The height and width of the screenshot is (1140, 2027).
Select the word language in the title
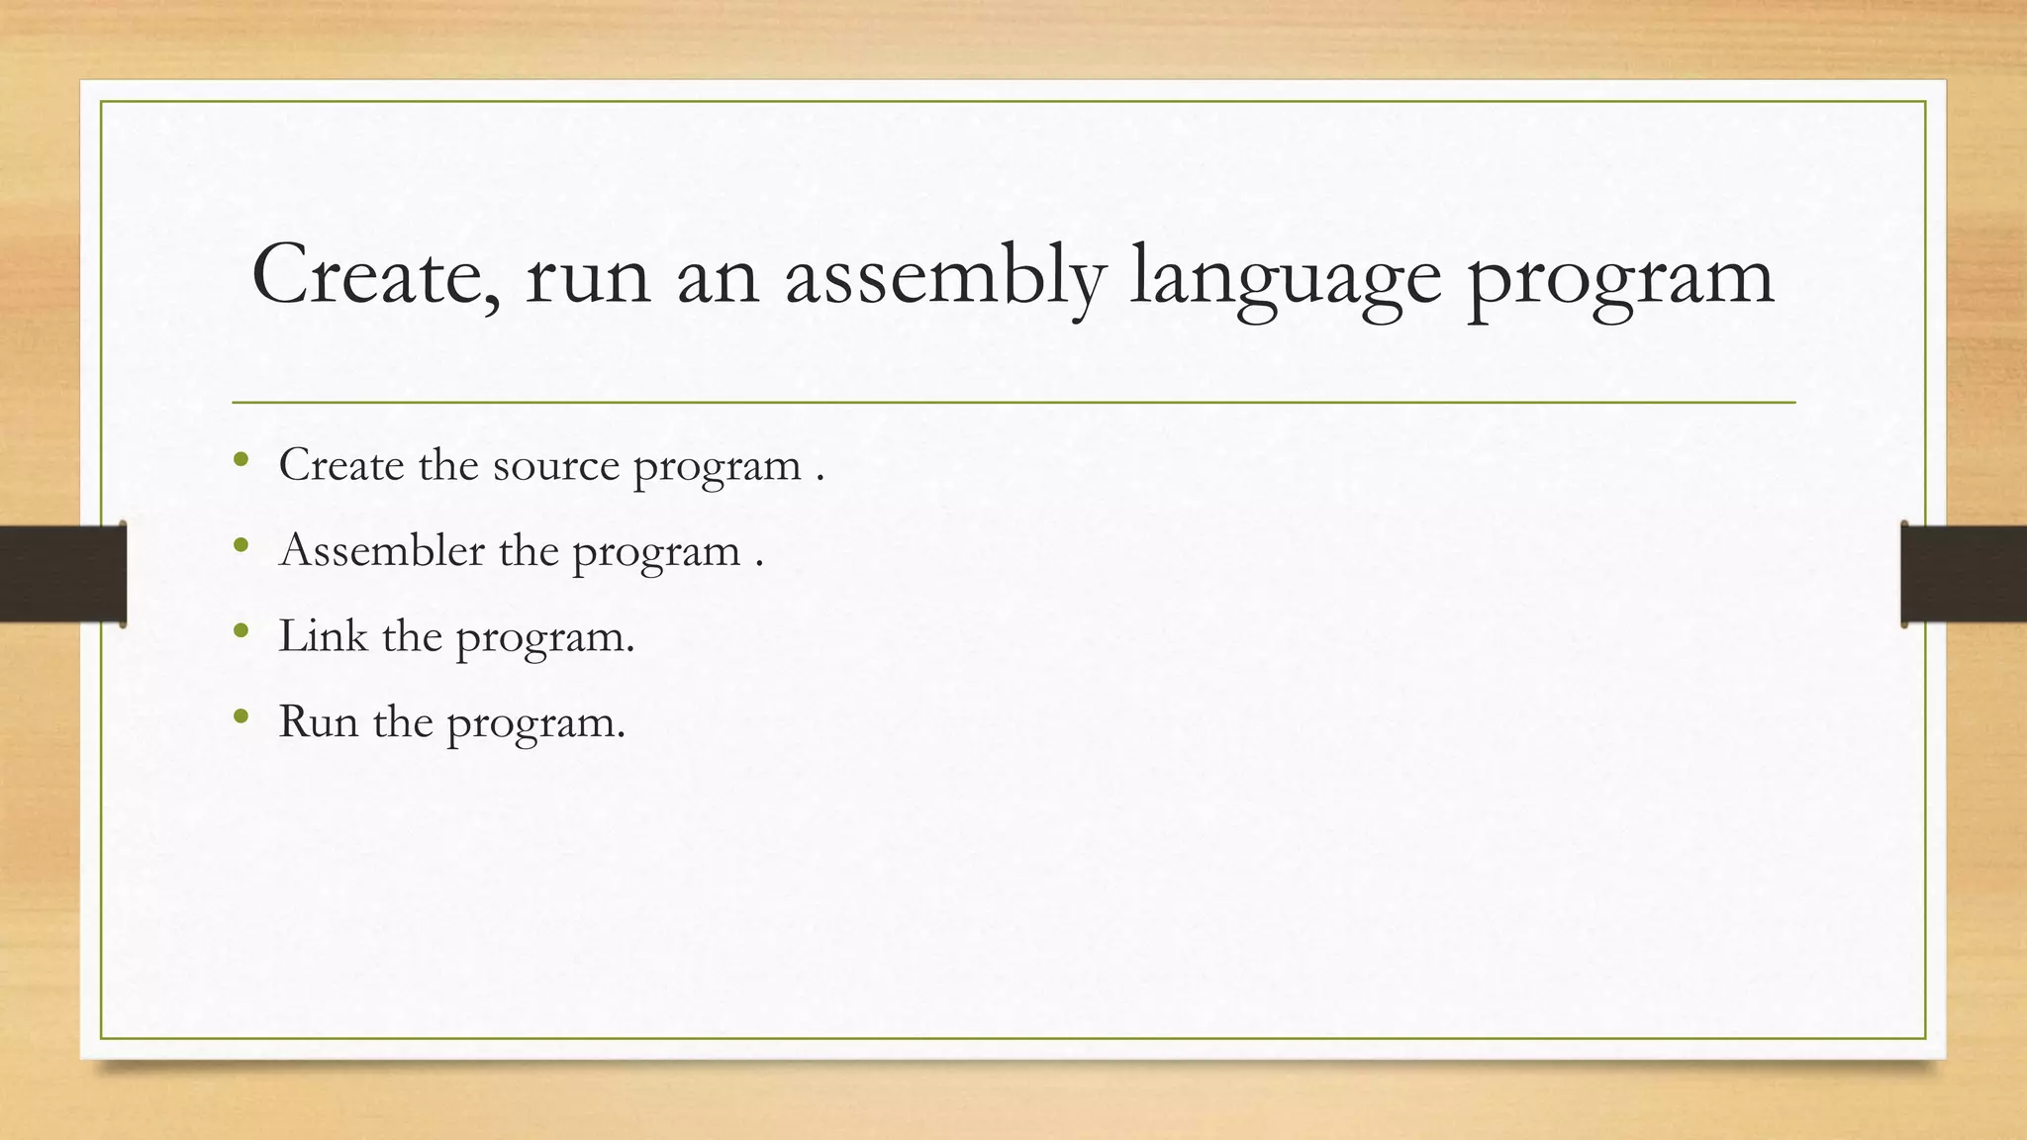(1285, 278)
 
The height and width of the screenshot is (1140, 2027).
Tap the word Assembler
(382, 549)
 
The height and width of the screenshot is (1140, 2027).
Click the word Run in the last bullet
(318, 721)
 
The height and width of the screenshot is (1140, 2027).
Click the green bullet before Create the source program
(241, 458)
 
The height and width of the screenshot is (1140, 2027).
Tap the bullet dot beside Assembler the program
(241, 544)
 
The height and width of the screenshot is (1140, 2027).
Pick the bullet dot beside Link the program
(241, 629)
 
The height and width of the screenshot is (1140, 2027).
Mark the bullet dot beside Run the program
(241, 715)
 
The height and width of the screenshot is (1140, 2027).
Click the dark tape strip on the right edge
(1965, 574)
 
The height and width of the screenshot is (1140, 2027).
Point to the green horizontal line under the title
(1013, 403)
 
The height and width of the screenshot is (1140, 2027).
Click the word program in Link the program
(543, 638)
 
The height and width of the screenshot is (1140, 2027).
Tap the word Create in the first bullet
(340, 464)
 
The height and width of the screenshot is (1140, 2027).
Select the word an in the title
(717, 278)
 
